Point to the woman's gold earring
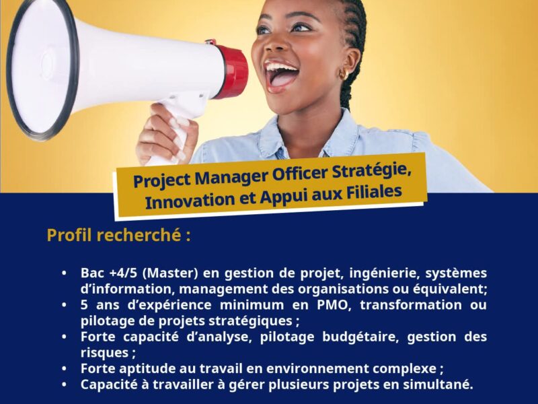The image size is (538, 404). coord(343,73)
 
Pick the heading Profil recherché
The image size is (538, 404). coord(118,236)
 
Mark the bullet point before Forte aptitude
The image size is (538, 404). coord(64,369)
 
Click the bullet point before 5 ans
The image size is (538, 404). coord(64,305)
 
